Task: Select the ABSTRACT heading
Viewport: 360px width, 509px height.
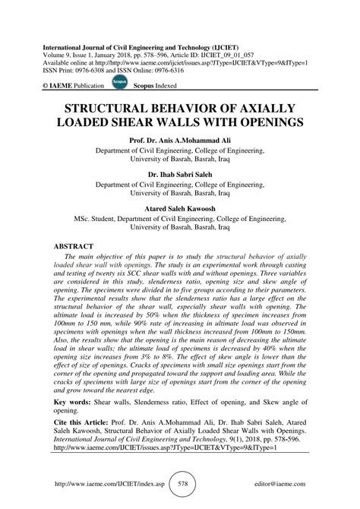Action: (x=73, y=247)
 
